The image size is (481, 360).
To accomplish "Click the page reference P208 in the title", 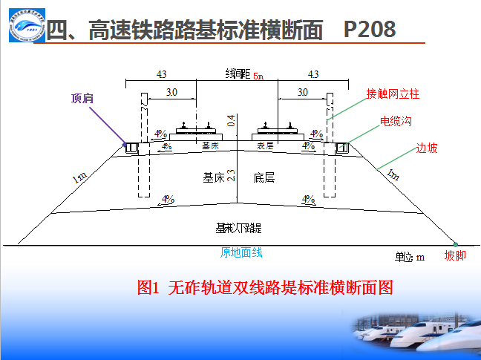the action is (370, 29).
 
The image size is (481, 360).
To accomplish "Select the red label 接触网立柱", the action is (393, 94).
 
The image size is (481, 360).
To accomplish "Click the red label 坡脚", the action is (455, 256).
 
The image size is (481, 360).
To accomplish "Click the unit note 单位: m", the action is (409, 257).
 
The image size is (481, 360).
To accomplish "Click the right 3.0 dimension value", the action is (303, 92).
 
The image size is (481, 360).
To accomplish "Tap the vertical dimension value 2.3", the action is (231, 176).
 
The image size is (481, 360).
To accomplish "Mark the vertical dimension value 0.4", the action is (231, 120).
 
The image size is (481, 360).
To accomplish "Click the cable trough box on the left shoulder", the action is (133, 148).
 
